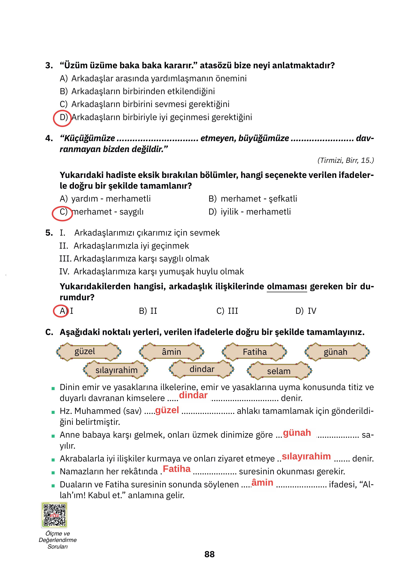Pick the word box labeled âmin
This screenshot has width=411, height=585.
pos(171,352)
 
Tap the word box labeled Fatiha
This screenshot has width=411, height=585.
pos(254,352)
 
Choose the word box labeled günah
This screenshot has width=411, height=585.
pos(337,352)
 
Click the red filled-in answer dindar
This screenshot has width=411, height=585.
pos(193,395)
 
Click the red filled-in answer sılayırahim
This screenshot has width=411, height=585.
pos(306,456)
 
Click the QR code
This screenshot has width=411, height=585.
pos(54,515)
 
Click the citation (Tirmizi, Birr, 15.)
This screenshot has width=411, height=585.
pos(345,160)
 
